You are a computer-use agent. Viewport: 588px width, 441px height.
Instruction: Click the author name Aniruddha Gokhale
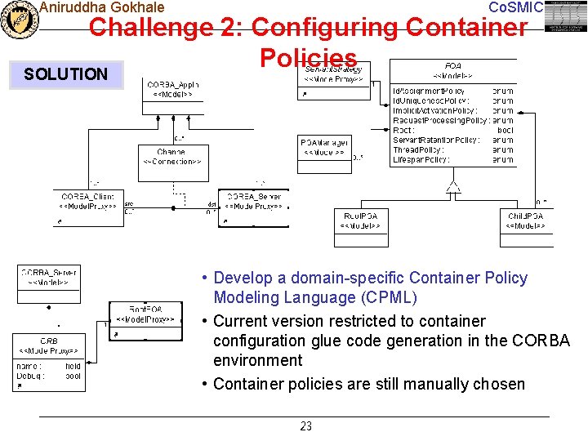click(101, 7)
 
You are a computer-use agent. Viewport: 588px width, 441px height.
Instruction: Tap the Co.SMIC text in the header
click(514, 7)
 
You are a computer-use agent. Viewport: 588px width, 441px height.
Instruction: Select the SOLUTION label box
click(65, 74)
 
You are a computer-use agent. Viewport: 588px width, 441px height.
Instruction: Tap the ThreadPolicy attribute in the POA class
click(420, 150)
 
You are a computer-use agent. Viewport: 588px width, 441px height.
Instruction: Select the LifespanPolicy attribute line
click(421, 160)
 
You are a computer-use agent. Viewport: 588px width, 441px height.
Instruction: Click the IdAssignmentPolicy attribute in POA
click(430, 91)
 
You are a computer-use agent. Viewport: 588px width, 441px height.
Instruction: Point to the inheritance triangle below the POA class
click(454, 187)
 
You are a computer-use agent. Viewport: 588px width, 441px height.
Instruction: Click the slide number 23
click(306, 426)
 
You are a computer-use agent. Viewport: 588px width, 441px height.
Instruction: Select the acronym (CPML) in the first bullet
click(386, 298)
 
